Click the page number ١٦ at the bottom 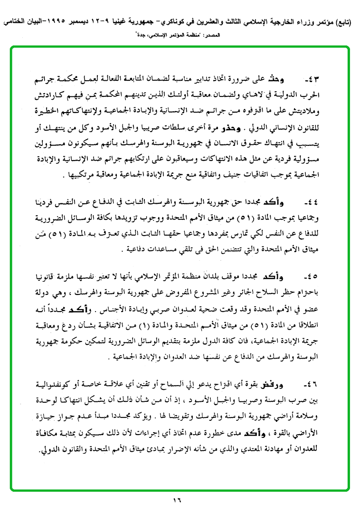pyautogui.click(x=177, y=500)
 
